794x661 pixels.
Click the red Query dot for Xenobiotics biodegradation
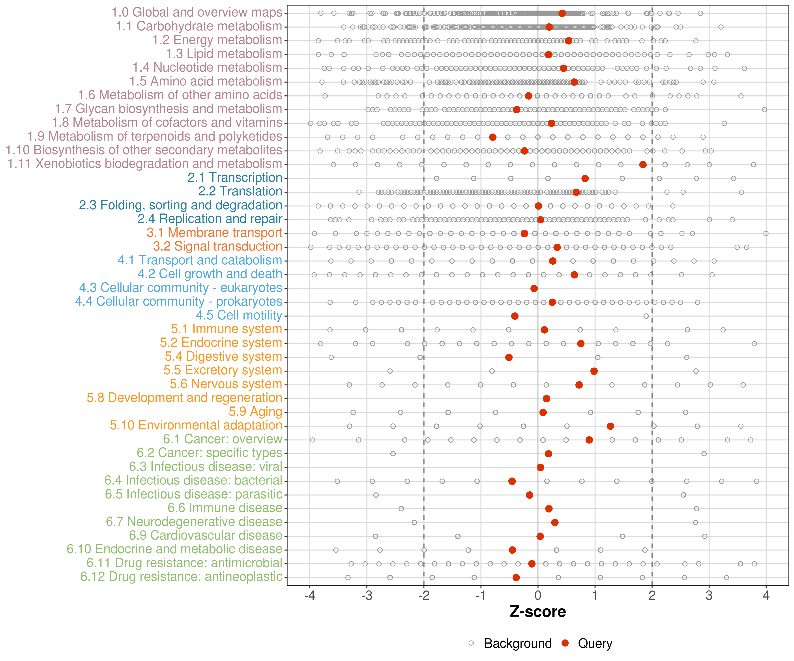pyautogui.click(x=643, y=165)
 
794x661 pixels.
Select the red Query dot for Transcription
pyautogui.click(x=585, y=178)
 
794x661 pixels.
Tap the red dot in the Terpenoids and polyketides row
pyautogui.click(x=493, y=137)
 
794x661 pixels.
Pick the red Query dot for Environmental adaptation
pyautogui.click(x=610, y=426)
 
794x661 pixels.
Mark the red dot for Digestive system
pyautogui.click(x=509, y=357)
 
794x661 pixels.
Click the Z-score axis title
pyautogui.click(x=538, y=612)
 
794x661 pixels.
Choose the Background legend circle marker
pyautogui.click(x=471, y=643)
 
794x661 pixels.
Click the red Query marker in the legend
pyautogui.click(x=565, y=643)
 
